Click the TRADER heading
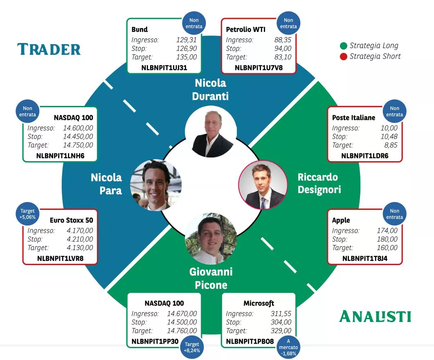pos(49,49)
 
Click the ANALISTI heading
pos(375,317)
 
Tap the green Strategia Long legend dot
pos(344,46)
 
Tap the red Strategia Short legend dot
pos(344,56)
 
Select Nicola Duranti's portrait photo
pos(211,131)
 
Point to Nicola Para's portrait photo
pos(156,185)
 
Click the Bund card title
pos(139,29)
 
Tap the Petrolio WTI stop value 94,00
pos(283,49)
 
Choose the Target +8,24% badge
pos(191,347)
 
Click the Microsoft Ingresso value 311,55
pos(281,314)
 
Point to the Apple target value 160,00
pos(387,248)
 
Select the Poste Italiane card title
pos(353,118)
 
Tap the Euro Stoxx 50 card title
pos(71,220)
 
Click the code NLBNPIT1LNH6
pos(60,156)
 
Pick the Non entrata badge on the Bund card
pos(194,23)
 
